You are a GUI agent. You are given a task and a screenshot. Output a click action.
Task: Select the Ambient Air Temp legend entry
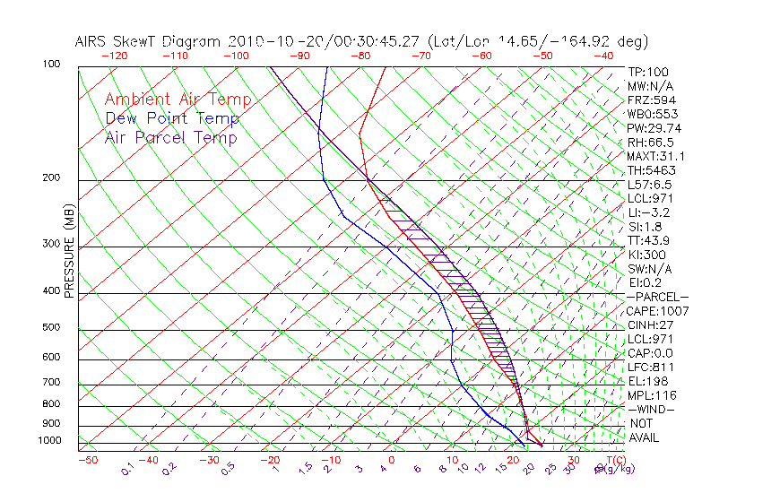(x=178, y=100)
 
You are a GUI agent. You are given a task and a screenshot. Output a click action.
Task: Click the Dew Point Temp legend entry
(x=172, y=118)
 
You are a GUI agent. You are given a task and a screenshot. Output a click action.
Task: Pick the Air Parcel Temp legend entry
(x=170, y=137)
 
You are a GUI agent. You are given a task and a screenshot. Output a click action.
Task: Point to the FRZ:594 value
(x=649, y=100)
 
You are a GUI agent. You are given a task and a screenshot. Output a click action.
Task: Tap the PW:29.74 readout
(x=653, y=128)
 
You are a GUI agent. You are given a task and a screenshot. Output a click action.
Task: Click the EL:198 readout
(x=646, y=381)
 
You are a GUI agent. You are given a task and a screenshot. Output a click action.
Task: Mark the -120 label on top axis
(x=114, y=56)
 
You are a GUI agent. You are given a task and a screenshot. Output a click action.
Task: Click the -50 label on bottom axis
(x=87, y=461)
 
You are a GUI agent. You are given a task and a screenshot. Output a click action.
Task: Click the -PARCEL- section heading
(x=657, y=297)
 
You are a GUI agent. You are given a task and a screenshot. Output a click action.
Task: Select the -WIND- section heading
(x=651, y=409)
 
